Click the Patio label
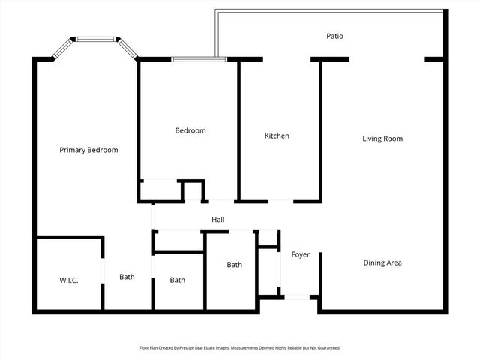[335, 36]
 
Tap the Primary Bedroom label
[88, 150]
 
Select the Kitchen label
[277, 136]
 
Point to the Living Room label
[382, 139]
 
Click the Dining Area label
[382, 262]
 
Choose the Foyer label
[301, 255]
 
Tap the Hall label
[218, 220]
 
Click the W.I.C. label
[69, 280]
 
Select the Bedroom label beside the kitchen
[190, 131]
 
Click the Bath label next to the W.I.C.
[127, 277]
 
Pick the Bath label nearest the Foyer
[235, 265]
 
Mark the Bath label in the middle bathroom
[177, 280]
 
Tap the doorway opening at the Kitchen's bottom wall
[280, 201]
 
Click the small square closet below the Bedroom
[193, 190]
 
